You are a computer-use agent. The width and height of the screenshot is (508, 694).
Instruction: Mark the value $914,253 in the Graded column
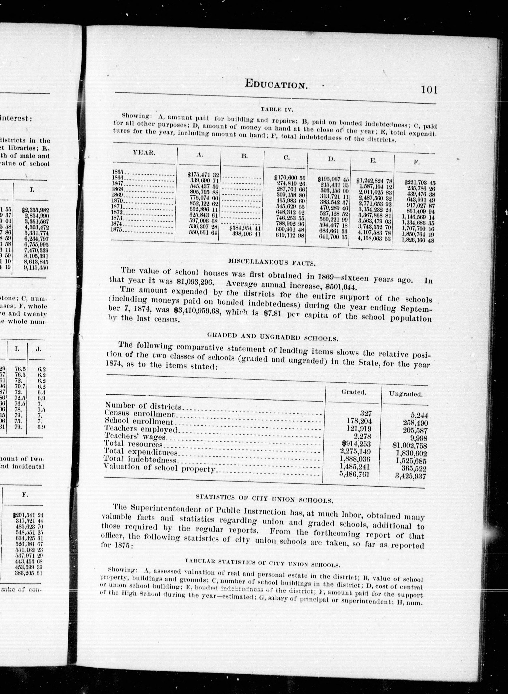point(356,444)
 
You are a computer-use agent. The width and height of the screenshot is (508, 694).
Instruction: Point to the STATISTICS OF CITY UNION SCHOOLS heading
point(264,499)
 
